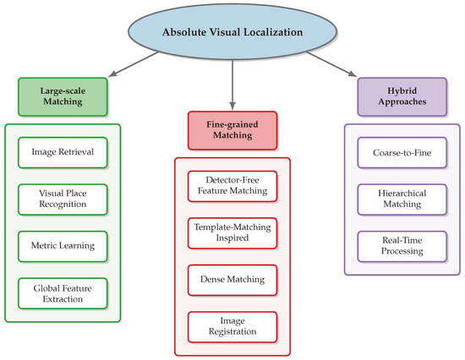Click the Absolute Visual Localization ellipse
(x=232, y=33)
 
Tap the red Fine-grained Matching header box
(x=231, y=132)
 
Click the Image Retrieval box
(x=62, y=154)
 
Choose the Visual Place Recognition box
(x=62, y=199)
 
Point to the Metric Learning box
(x=62, y=246)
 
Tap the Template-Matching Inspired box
(x=231, y=233)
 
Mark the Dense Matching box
(x=231, y=278)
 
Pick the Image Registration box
(x=231, y=325)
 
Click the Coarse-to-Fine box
(x=400, y=153)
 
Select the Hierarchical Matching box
(x=400, y=198)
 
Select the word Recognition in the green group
(x=62, y=205)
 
